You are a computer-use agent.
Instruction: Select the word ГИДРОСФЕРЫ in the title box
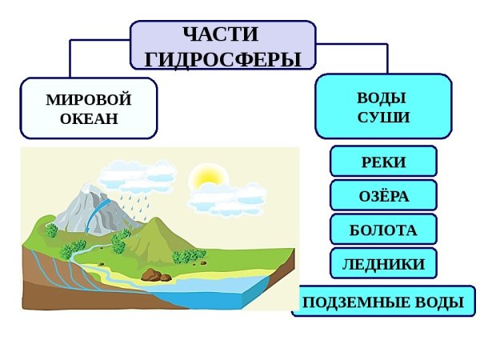(223, 59)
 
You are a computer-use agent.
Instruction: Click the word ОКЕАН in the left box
(89, 119)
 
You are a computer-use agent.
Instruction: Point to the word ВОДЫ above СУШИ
(383, 98)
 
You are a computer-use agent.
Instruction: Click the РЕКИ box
(383, 162)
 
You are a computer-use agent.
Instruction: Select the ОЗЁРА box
(383, 195)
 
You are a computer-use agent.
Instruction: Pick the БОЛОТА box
(383, 230)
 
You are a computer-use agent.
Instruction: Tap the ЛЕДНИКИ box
(383, 263)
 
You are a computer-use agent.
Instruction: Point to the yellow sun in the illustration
(202, 175)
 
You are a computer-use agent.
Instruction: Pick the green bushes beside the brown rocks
(189, 256)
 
